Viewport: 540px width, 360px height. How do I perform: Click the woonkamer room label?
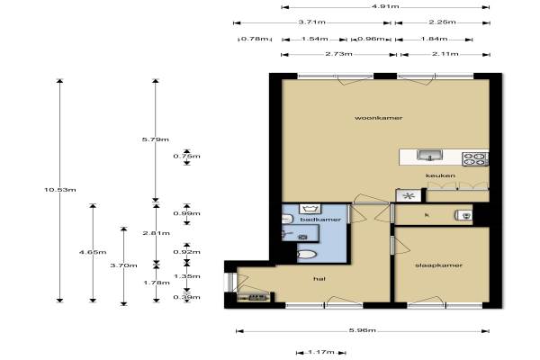coord(379,118)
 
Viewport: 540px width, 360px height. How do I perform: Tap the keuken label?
coord(440,175)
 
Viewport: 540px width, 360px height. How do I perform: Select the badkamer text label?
coord(320,220)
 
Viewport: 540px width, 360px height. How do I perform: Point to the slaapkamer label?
coord(438,265)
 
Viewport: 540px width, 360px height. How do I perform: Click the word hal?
coord(319,279)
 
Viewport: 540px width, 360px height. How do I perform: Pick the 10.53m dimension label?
coord(60,190)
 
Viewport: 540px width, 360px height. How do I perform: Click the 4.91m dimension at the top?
coord(385,6)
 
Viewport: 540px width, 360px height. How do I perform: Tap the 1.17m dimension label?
coord(321,352)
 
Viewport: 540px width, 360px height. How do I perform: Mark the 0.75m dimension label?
coord(186,156)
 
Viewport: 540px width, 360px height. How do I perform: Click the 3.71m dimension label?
coord(311,22)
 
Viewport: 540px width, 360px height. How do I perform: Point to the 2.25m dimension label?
coord(442,22)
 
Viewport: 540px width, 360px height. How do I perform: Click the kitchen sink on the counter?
coord(429,156)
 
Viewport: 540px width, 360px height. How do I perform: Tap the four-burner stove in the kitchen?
coord(475,159)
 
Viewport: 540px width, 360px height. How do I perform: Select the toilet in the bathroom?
coord(307,255)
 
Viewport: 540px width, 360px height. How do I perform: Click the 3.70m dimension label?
coord(123,265)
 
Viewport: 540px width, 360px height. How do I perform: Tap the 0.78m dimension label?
coord(254,39)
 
